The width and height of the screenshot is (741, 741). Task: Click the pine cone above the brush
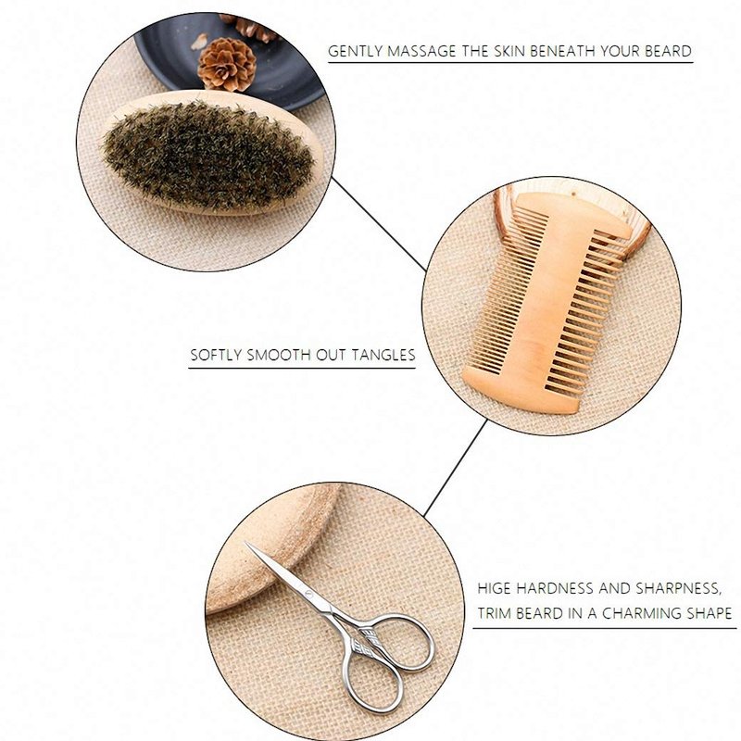[x=226, y=64]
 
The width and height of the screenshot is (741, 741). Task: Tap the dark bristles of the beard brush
[x=207, y=156]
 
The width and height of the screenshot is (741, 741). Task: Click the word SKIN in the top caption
[x=509, y=51]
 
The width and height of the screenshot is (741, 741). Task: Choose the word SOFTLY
[x=217, y=355]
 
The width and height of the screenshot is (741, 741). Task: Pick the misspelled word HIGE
[x=495, y=588]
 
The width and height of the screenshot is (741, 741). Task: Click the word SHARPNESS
[x=678, y=588]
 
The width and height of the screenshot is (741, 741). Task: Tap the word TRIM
[x=495, y=613]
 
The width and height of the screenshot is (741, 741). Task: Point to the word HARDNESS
[x=554, y=588]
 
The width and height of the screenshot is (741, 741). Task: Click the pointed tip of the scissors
[x=245, y=543]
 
